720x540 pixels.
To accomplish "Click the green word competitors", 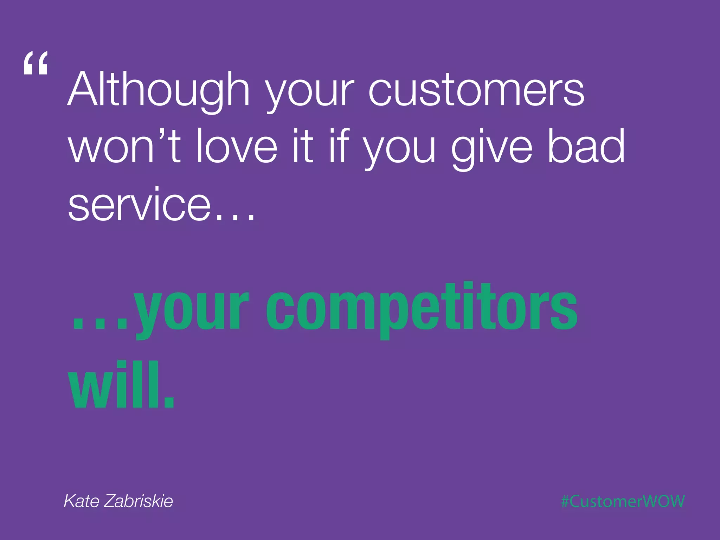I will (421, 309).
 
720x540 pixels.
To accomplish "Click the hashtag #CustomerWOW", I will (623, 501).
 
